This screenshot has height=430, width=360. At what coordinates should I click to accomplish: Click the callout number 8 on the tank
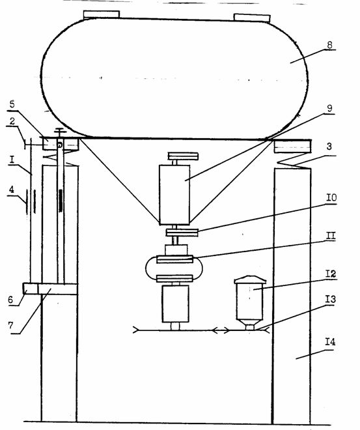(x=329, y=45)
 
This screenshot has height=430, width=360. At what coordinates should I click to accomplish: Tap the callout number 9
(x=329, y=108)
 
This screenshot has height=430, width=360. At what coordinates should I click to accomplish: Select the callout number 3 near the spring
(x=329, y=147)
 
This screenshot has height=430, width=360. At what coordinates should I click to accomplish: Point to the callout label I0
(x=331, y=197)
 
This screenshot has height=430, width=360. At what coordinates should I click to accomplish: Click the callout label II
(x=331, y=236)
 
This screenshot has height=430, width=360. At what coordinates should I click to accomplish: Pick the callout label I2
(x=331, y=274)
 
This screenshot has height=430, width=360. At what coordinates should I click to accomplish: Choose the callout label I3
(x=331, y=299)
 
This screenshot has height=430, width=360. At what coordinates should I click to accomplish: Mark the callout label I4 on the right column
(x=330, y=341)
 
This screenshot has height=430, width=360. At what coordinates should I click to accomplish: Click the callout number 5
(x=12, y=104)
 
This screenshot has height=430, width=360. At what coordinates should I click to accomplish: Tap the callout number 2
(x=12, y=121)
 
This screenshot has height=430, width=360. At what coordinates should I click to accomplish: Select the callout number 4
(x=11, y=190)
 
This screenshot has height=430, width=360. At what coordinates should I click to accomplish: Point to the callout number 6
(x=10, y=300)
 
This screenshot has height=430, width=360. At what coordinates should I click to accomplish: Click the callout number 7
(x=10, y=325)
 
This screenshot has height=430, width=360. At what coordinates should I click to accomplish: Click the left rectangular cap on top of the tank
(x=102, y=14)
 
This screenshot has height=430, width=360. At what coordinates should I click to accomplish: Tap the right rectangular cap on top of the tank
(x=252, y=18)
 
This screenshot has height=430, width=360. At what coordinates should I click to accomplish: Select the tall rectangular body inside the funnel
(x=174, y=195)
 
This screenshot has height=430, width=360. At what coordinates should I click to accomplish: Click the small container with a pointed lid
(x=249, y=302)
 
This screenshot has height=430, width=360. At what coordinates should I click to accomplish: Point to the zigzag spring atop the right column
(x=292, y=162)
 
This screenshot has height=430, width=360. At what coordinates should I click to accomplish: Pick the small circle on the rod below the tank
(x=60, y=145)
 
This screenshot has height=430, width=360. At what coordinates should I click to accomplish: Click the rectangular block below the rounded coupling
(x=175, y=304)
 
